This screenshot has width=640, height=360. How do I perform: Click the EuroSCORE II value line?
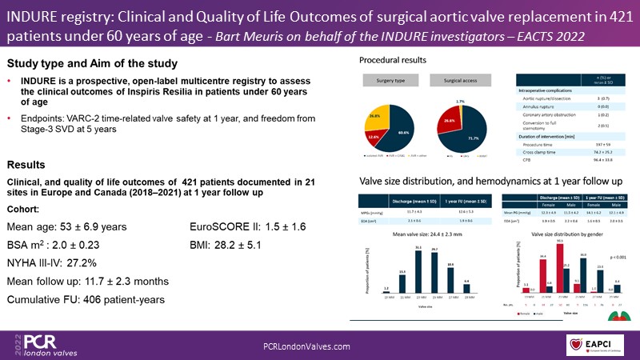click(x=246, y=226)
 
